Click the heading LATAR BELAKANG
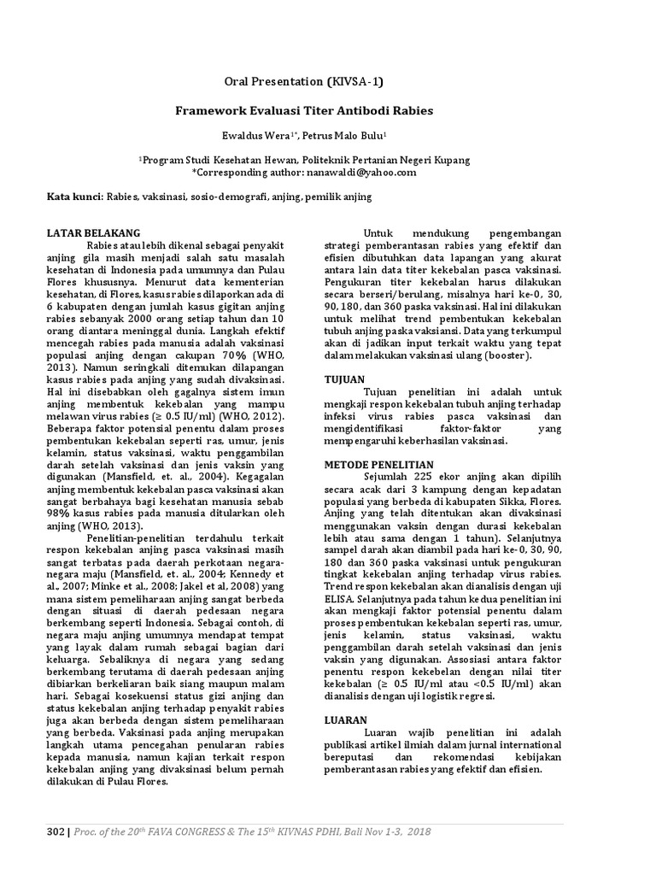pos(93,232)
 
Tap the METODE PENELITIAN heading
pos(377,462)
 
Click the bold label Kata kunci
pos(73,197)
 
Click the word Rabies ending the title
pos(413,110)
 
